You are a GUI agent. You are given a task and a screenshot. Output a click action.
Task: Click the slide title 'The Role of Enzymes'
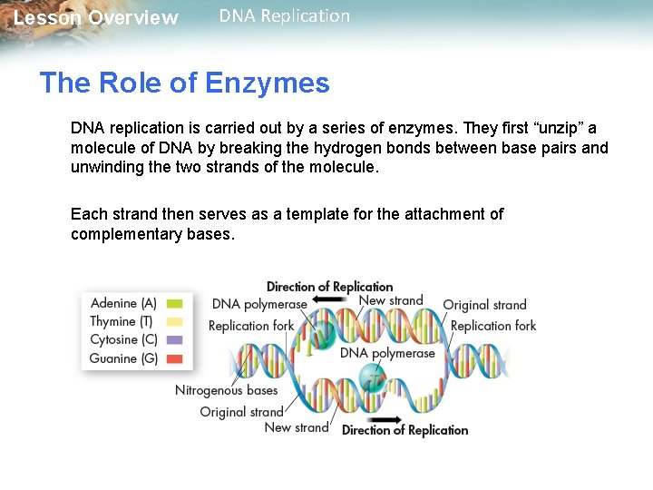(x=184, y=83)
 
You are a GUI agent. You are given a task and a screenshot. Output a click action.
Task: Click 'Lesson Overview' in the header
(x=96, y=18)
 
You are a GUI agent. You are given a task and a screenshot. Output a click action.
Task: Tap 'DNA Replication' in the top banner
(x=284, y=16)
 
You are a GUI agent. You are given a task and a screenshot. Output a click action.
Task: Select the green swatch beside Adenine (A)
(x=175, y=304)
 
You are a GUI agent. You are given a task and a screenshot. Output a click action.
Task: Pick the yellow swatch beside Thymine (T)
(x=175, y=322)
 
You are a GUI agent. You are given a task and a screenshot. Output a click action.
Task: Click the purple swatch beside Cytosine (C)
(x=175, y=340)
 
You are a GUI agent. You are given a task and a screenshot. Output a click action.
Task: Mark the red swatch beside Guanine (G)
(x=175, y=358)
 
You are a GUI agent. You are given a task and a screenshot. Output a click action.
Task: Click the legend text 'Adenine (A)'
(x=123, y=304)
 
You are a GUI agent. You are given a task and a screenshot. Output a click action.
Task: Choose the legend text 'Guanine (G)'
(x=123, y=358)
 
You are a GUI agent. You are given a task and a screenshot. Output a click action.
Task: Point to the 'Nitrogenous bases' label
(x=226, y=390)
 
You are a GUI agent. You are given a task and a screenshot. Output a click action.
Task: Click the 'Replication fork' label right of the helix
(x=493, y=325)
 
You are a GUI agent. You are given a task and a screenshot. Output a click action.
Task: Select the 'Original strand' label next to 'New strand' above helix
(x=484, y=305)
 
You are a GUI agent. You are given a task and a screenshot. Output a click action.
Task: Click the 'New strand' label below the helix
(x=296, y=427)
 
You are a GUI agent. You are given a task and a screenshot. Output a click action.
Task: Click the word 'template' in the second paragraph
(x=326, y=214)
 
